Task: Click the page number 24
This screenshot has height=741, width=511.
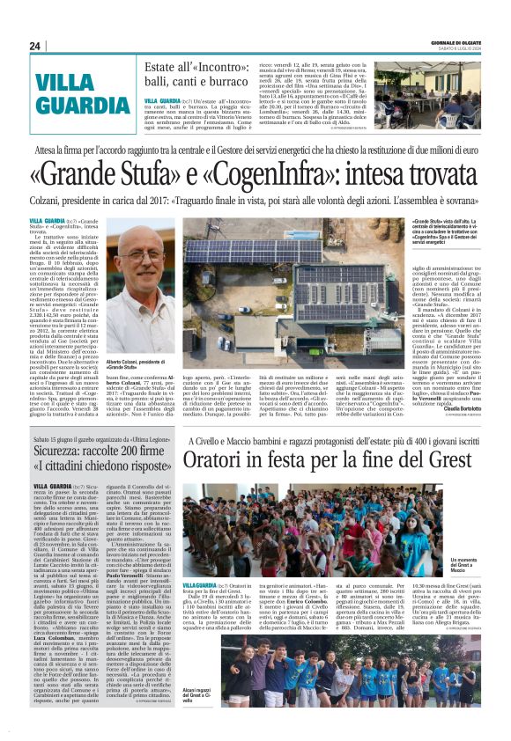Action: click(35, 46)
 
